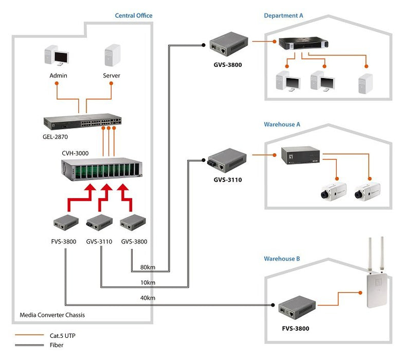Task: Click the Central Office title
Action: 134,15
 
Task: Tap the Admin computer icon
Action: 57,56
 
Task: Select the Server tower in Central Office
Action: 112,56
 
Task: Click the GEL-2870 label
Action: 55,137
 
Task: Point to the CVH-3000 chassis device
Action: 101,169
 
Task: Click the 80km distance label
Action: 148,267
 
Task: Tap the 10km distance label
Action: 148,282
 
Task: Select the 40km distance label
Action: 148,298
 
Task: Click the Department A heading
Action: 283,15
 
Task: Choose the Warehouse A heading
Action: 282,124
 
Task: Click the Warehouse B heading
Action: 282,259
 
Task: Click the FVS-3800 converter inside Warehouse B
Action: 297,307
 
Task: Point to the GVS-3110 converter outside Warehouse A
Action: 227,160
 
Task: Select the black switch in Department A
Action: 303,44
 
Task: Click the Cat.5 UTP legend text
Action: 63,336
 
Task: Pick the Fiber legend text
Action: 57,345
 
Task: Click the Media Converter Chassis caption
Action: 52,315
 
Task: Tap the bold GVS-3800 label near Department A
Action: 228,65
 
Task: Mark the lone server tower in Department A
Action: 365,83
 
